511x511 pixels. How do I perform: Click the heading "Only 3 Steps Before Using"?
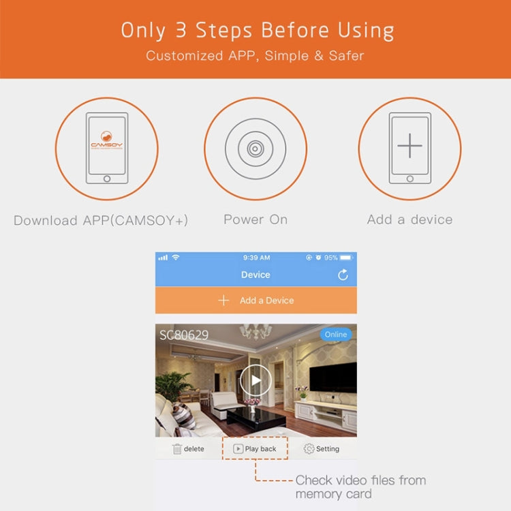(x=257, y=31)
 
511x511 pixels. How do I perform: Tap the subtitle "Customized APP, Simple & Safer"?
(x=255, y=55)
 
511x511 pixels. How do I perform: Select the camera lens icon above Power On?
(x=255, y=149)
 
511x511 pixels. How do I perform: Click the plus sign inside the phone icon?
(x=409, y=145)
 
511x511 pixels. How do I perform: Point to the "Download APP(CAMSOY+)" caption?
(x=101, y=220)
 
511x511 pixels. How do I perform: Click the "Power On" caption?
(x=255, y=219)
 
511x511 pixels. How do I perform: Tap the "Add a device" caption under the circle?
(x=409, y=219)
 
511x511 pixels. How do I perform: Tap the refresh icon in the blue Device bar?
(x=343, y=275)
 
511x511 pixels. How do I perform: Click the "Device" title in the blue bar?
(x=255, y=275)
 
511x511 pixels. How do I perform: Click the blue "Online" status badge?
(x=336, y=335)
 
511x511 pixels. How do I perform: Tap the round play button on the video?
(x=255, y=380)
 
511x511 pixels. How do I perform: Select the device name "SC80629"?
(x=184, y=335)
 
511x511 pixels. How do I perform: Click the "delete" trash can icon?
(x=178, y=449)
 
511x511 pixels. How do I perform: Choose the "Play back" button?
(x=255, y=449)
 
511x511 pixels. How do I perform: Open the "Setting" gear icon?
(x=309, y=449)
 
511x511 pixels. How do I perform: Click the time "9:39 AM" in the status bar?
(x=256, y=258)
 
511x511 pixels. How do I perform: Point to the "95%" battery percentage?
(x=330, y=258)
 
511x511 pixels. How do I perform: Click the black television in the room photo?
(x=333, y=377)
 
